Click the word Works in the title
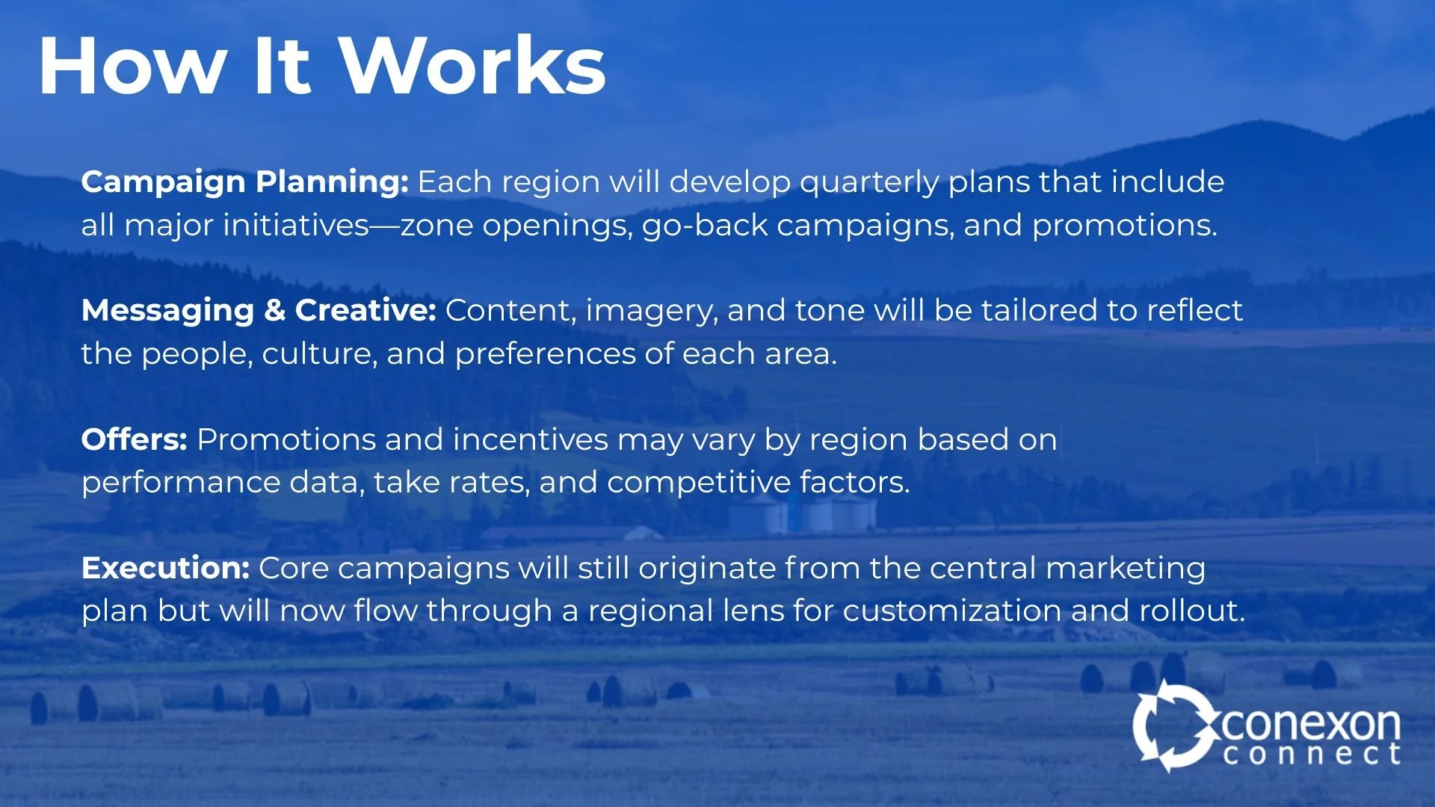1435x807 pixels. (x=472, y=67)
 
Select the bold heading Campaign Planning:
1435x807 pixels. (x=244, y=182)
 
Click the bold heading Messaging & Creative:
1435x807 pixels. (x=258, y=311)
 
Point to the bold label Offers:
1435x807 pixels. (x=134, y=439)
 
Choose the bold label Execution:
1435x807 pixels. (x=165, y=569)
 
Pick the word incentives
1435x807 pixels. (x=530, y=439)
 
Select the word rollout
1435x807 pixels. (x=1191, y=611)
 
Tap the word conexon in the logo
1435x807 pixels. (x=1309, y=723)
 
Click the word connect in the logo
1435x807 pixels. (x=1312, y=754)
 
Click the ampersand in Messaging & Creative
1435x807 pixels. (x=274, y=311)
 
